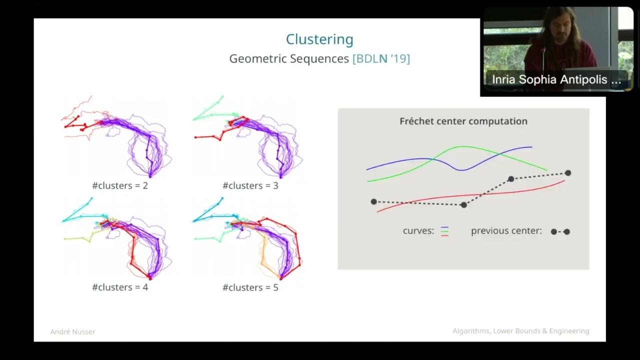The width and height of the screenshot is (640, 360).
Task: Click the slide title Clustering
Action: point(319,39)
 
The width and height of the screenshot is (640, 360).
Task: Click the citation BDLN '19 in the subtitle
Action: point(381,59)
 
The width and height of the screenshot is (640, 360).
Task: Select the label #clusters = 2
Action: point(120,186)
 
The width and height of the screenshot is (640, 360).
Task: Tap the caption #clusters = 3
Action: point(250,186)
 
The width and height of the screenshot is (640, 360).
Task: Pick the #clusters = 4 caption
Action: point(120,287)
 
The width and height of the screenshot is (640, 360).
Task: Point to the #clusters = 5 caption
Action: point(250,287)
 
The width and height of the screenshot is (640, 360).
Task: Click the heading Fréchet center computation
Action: point(463,121)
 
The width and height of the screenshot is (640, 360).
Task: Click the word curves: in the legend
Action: point(418,231)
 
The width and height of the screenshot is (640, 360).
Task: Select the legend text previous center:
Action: point(506,231)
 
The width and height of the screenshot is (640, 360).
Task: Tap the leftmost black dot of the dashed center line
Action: point(374,201)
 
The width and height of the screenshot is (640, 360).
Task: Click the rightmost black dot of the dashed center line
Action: point(568,173)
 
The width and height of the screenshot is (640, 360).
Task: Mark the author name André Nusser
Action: point(73,332)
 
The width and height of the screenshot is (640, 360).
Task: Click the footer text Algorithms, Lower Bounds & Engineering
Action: point(521,331)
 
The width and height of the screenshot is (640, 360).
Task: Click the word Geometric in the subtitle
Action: point(260,59)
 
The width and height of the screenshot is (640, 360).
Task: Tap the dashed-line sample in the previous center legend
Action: point(560,231)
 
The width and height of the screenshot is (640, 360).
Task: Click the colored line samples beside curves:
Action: point(444,231)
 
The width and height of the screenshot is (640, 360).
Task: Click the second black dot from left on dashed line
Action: point(464,205)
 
